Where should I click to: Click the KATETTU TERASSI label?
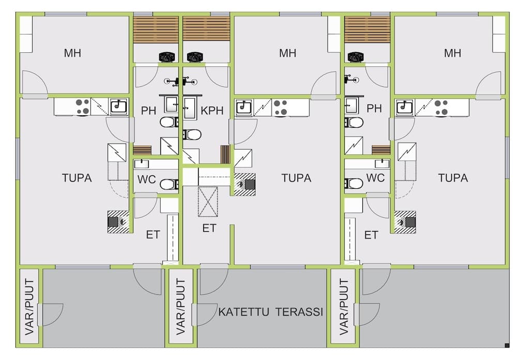click(x=270, y=312)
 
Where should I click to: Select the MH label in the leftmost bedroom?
click(x=73, y=53)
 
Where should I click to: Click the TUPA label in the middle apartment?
click(x=296, y=178)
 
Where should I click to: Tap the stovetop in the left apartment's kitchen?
click(x=82, y=107)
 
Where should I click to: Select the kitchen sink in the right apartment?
click(x=404, y=107)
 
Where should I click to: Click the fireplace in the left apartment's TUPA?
click(x=117, y=221)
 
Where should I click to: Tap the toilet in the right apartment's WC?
click(x=354, y=183)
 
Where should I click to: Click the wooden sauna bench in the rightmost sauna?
click(x=367, y=29)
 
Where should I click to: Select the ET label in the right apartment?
click(x=371, y=235)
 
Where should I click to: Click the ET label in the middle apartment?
click(x=209, y=228)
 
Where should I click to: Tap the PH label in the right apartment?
click(x=374, y=109)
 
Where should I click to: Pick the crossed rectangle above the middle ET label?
click(x=208, y=202)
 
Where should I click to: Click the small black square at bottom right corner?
click(x=505, y=345)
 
